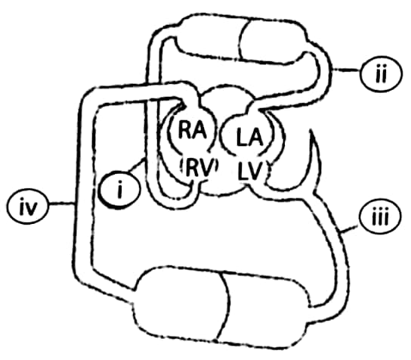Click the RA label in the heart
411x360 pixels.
pos(193,129)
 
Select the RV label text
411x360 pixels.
pos(199,169)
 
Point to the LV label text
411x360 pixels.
pos(249,171)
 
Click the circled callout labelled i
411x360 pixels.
pos(119,189)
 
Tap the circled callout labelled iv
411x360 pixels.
pos(28,207)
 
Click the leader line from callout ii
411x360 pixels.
pos(346,70)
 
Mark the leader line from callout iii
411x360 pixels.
pos(349,230)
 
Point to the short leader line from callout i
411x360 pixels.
pos(137,165)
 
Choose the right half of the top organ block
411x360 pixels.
pos(273,42)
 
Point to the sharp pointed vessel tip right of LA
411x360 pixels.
pos(311,130)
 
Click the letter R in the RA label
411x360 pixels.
pos(184,129)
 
